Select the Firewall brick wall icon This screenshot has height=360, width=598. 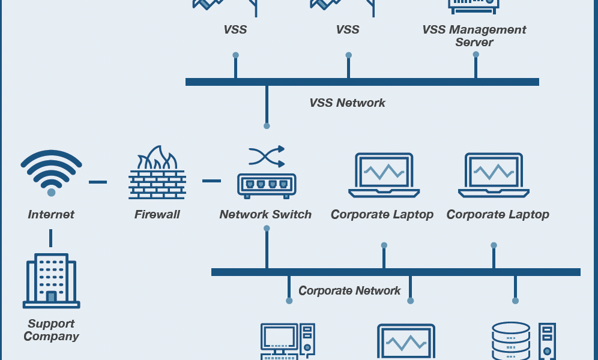[157, 184]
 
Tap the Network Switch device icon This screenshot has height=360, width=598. [267, 186]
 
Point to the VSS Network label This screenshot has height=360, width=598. [348, 103]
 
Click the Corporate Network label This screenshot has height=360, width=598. [349, 290]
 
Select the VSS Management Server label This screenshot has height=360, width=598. [474, 36]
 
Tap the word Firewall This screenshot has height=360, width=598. [157, 214]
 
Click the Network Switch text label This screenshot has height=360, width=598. [265, 214]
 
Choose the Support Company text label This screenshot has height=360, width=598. [51, 330]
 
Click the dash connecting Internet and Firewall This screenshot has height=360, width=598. [98, 182]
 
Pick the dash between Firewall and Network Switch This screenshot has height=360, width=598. [212, 181]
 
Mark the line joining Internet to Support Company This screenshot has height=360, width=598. [50, 238]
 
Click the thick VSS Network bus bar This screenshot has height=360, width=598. [362, 82]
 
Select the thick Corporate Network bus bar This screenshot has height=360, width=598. [396, 272]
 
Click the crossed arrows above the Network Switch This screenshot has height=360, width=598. [267, 156]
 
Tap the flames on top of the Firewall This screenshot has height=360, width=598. [157, 158]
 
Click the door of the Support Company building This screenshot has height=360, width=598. [52, 297]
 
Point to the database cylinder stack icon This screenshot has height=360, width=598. [511, 341]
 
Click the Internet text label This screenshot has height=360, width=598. [51, 214]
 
